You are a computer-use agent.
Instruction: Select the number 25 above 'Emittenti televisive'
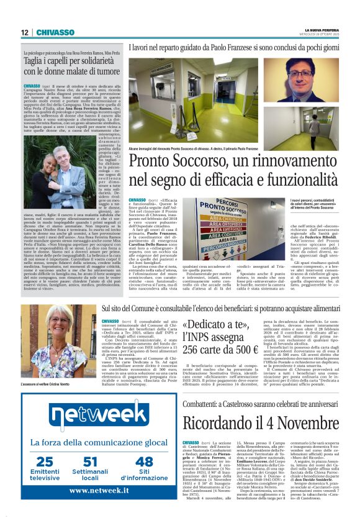[45, 460]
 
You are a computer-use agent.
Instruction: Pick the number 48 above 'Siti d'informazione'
[143, 460]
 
